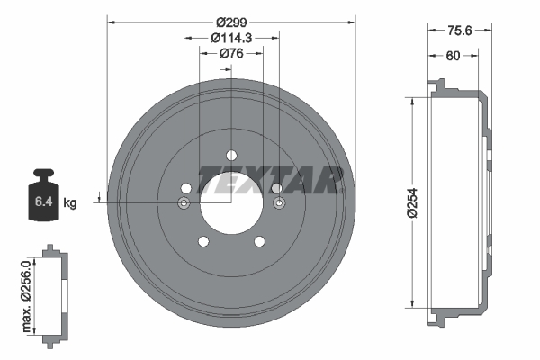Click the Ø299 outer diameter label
click(x=230, y=21)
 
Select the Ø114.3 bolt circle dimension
click(x=230, y=38)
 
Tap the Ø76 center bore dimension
click(x=231, y=54)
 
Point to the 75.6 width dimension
click(x=460, y=30)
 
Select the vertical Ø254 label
click(x=412, y=202)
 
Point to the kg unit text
click(x=70, y=203)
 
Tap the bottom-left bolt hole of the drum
click(x=202, y=241)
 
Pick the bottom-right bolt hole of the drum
click(x=259, y=241)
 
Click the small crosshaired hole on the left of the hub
click(x=184, y=204)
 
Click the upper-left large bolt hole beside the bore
click(x=186, y=187)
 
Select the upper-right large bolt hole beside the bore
click(x=275, y=187)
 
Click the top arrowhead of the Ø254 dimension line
click(x=413, y=101)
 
